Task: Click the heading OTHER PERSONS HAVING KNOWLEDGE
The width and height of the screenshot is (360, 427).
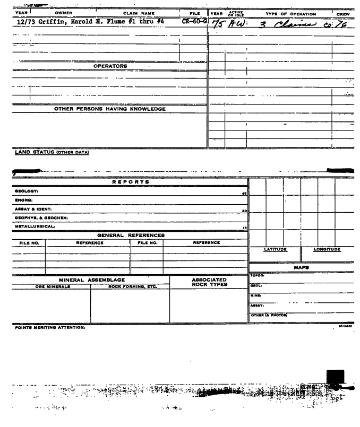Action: tap(110, 109)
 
